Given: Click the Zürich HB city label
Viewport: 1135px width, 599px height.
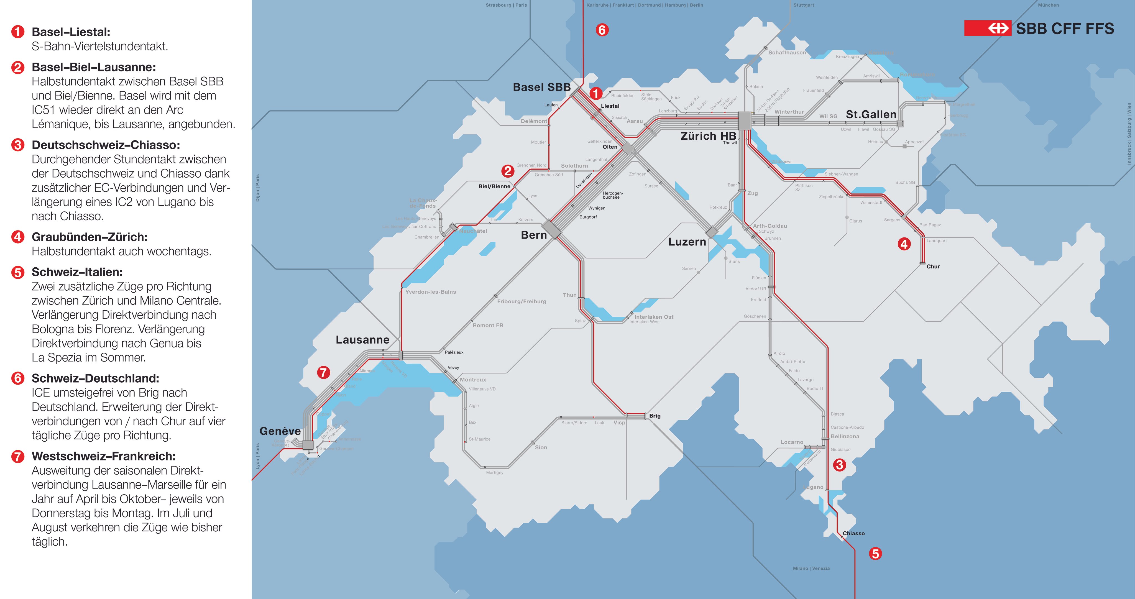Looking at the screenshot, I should click(708, 136).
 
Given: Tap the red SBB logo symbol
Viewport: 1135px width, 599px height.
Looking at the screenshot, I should click(987, 29).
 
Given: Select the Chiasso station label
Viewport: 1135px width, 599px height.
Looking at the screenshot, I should click(853, 533).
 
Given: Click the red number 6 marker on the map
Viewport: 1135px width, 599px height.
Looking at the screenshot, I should click(602, 30).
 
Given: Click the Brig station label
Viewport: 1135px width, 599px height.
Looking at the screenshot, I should click(655, 416).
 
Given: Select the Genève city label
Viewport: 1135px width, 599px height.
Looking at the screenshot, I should click(280, 431).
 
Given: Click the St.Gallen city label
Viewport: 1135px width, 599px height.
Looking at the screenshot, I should click(871, 114).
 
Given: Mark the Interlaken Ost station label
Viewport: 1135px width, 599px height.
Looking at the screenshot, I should click(654, 317).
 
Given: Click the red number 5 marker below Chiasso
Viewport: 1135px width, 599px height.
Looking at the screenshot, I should click(875, 554).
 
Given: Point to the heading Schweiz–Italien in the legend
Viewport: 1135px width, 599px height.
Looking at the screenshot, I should click(77, 272).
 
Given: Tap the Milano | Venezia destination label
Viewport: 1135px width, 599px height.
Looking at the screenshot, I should click(811, 568).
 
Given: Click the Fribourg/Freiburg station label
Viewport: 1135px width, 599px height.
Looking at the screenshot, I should click(522, 301).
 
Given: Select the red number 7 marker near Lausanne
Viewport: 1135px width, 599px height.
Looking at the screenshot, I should click(323, 373).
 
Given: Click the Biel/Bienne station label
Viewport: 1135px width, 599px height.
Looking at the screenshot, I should click(494, 186).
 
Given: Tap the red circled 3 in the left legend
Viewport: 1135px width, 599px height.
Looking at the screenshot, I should click(18, 145).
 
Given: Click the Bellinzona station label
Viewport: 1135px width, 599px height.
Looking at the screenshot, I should click(845, 436).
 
